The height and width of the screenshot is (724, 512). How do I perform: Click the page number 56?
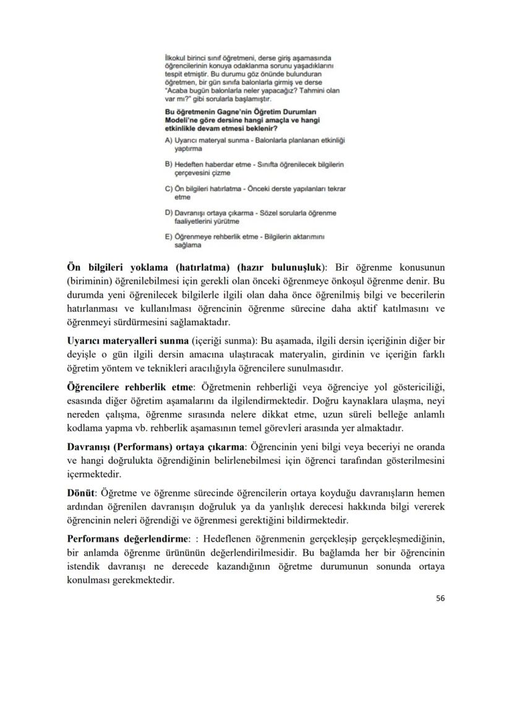click(439, 598)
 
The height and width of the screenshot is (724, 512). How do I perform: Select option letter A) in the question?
click(169, 141)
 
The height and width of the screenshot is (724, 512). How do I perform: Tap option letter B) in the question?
click(169, 165)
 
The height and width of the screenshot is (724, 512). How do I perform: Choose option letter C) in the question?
click(169, 189)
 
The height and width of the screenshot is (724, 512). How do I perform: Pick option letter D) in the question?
click(169, 213)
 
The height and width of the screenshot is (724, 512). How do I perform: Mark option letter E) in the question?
click(169, 237)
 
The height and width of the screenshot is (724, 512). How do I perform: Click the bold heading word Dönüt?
click(80, 492)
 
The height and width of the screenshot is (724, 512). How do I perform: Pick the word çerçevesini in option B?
click(193, 173)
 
